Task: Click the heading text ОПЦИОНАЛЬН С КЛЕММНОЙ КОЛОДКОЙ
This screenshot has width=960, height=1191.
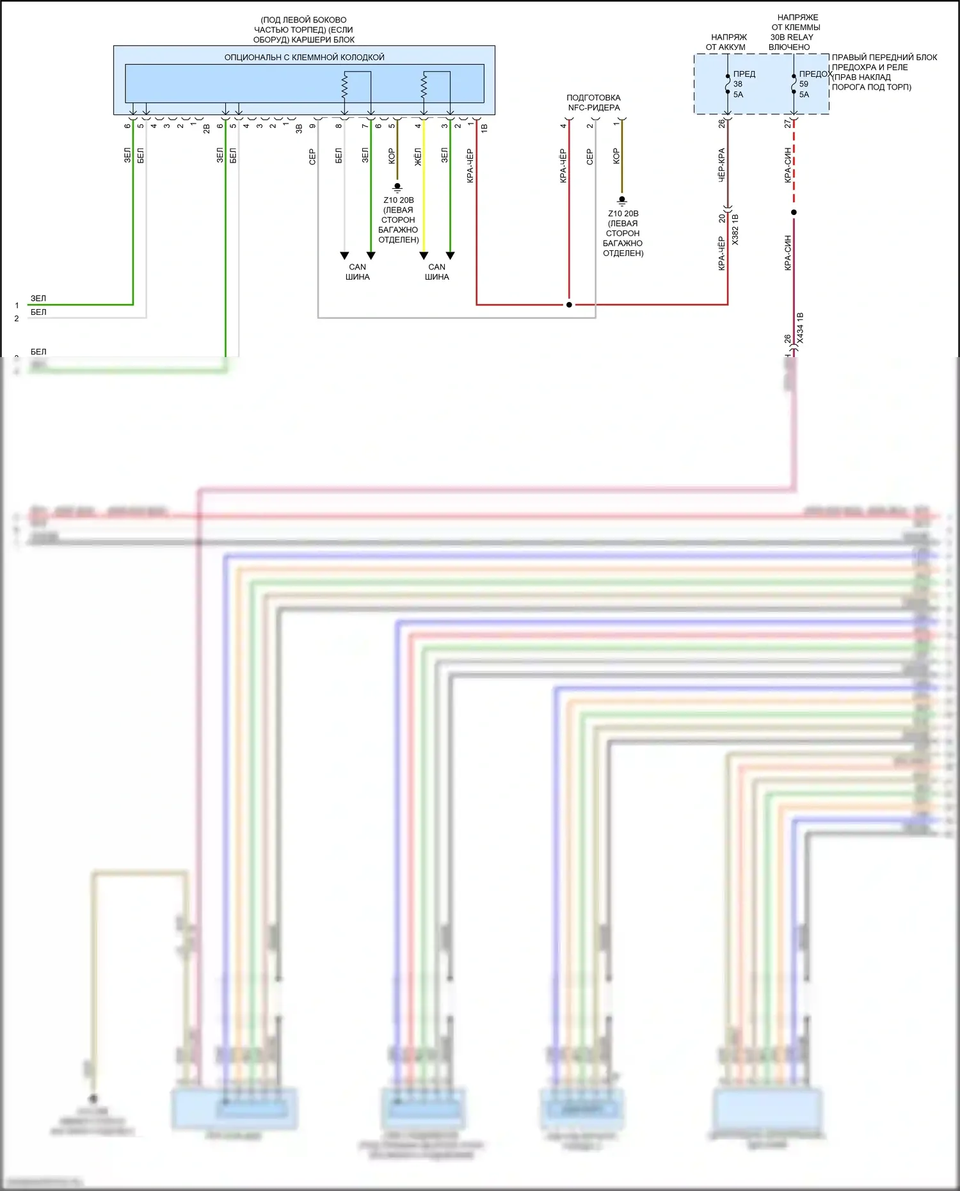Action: coord(304,58)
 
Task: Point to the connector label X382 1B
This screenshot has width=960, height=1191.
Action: coord(735,230)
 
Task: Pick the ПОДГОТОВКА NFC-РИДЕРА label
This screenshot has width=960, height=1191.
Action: coord(593,102)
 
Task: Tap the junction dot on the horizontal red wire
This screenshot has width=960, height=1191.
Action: coord(569,305)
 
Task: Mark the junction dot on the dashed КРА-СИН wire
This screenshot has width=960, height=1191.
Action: coord(794,212)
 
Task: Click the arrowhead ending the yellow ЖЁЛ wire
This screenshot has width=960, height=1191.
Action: coord(424,256)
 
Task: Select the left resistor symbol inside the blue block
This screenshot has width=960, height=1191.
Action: coord(344,85)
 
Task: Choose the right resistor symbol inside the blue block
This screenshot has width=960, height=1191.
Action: coord(424,85)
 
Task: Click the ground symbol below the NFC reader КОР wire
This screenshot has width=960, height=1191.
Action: coord(621,200)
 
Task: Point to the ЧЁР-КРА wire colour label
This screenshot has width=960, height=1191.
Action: coord(721,165)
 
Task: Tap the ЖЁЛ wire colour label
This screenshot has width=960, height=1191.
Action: coord(418,157)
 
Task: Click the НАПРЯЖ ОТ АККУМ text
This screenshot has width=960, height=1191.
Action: coord(727,42)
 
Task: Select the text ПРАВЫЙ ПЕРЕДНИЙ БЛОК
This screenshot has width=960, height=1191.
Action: coord(884,58)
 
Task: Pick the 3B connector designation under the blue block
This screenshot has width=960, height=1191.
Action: coord(299,128)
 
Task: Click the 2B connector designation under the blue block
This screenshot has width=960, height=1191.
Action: coord(206,128)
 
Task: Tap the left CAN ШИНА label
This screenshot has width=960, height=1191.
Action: coord(357,272)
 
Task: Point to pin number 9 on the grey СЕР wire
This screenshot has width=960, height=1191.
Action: coord(312,126)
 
